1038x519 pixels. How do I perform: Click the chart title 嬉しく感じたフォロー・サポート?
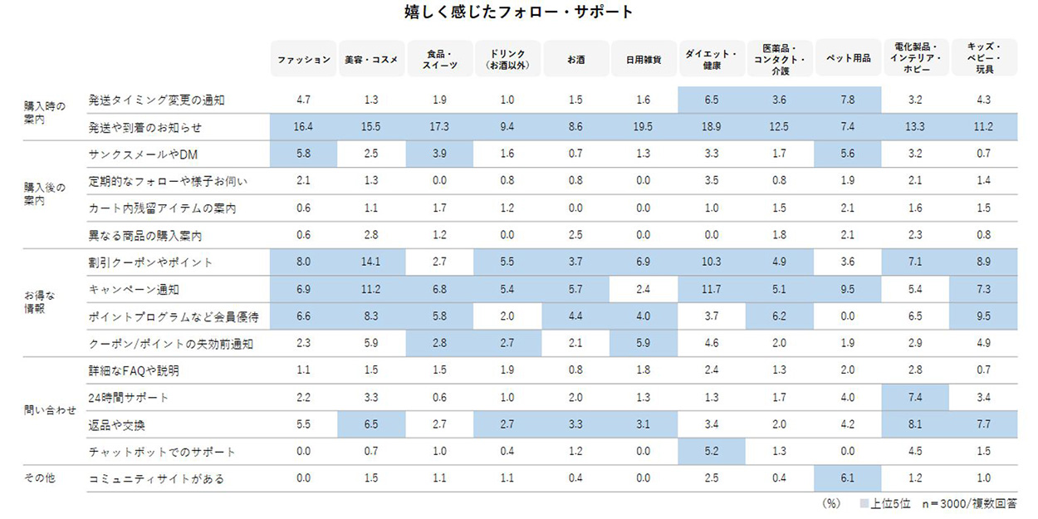[518, 12]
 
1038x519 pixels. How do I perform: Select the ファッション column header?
[303, 59]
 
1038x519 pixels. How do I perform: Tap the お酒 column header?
[575, 59]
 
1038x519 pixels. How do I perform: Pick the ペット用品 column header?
[848, 59]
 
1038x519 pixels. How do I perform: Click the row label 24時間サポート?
[129, 398]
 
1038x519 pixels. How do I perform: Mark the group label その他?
[38, 479]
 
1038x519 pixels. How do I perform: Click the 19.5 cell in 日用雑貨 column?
[644, 128]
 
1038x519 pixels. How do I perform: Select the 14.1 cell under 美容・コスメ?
[371, 262]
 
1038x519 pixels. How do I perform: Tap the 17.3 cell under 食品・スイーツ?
[439, 128]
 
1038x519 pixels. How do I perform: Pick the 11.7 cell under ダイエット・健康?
[712, 290]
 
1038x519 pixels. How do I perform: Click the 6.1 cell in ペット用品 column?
[848, 479]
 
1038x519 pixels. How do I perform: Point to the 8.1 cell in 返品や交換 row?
[916, 425]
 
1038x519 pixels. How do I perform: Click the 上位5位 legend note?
[886, 503]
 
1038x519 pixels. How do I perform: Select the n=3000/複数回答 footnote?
[971, 503]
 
